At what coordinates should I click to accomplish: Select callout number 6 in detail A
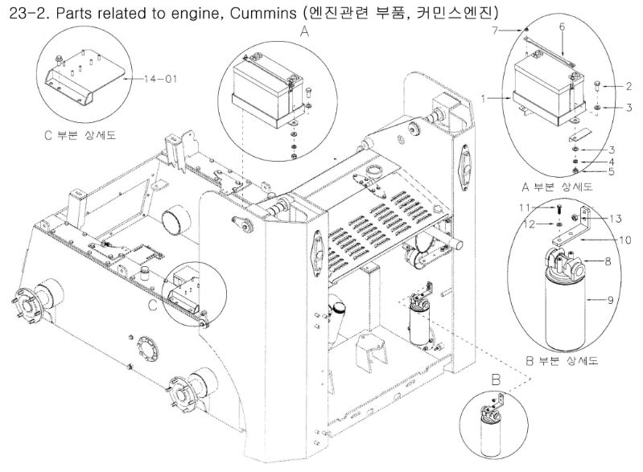click(x=562, y=27)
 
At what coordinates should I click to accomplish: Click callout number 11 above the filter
click(x=523, y=207)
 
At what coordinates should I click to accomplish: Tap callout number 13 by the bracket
click(x=616, y=218)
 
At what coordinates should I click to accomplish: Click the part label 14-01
click(x=160, y=78)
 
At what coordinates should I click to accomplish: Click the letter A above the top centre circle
click(x=303, y=32)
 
